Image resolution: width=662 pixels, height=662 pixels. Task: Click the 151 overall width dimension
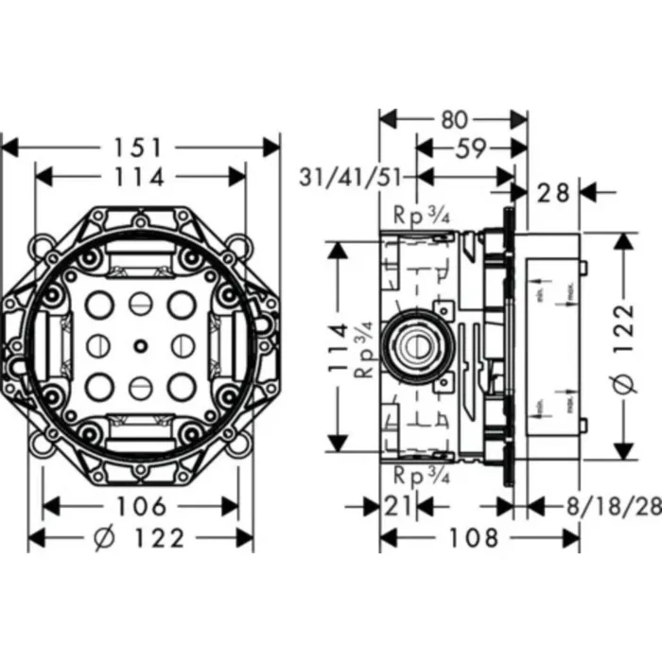coord(140,148)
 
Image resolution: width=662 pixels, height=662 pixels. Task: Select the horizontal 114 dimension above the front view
coord(140,177)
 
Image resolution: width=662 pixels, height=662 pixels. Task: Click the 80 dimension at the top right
coord(454,119)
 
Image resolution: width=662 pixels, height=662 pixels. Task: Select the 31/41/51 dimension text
coord(354,177)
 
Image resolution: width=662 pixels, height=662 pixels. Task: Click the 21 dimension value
coord(397,507)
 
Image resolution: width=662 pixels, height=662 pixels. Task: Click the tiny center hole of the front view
coord(139,346)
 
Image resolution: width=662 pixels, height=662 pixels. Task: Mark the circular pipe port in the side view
coord(415,346)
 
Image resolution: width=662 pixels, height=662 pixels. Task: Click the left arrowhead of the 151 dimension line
coord(8,148)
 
